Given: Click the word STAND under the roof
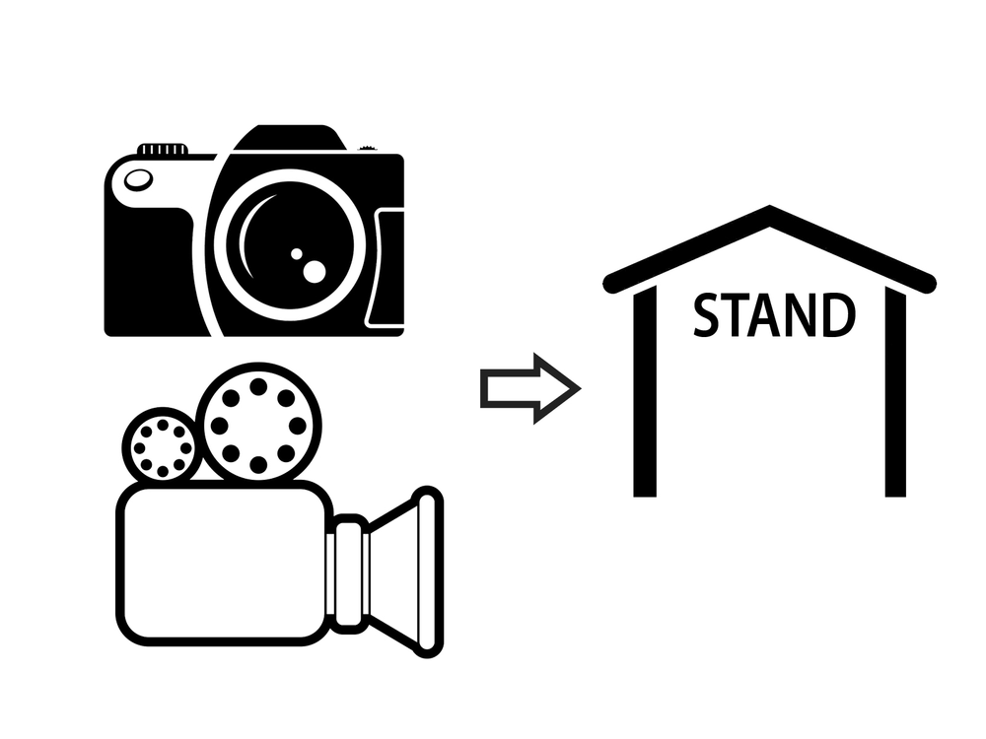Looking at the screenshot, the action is click(x=774, y=314).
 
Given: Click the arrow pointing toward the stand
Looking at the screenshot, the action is click(x=530, y=389).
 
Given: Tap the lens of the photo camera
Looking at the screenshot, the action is click(x=289, y=245).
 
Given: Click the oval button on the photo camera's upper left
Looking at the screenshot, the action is click(x=138, y=179).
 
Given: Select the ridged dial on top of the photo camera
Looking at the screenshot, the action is click(x=163, y=149).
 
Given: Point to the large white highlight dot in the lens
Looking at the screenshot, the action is click(x=315, y=272).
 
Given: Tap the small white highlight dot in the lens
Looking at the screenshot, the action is click(x=296, y=254).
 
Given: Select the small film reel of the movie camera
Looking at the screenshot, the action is click(x=163, y=446).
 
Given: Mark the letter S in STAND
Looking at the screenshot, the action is click(x=706, y=315).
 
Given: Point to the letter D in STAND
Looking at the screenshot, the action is click(x=839, y=315).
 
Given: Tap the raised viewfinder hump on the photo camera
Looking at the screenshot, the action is click(x=290, y=137).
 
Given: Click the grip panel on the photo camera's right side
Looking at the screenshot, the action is click(x=386, y=268).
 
